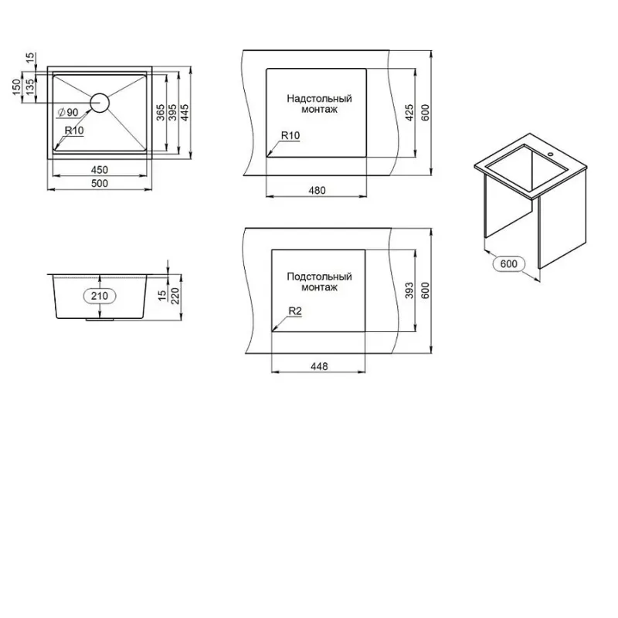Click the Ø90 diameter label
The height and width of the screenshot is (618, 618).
click(x=68, y=112)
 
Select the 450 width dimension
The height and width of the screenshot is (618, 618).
click(x=100, y=170)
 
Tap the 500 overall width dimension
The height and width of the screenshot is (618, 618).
click(x=100, y=183)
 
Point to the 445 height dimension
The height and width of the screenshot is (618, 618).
click(x=185, y=112)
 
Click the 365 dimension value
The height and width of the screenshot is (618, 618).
click(x=161, y=112)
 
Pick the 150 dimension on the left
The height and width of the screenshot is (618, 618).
click(x=16, y=87)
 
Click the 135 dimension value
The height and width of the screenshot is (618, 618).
click(x=29, y=87)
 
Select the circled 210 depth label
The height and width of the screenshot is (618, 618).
click(x=100, y=296)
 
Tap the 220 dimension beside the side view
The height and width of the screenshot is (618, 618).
click(x=175, y=295)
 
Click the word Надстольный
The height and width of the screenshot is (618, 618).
click(x=319, y=99)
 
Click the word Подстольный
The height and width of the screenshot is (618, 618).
click(x=319, y=277)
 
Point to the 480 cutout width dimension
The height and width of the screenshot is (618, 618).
click(x=317, y=191)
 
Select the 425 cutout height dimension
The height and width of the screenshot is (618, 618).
click(x=409, y=113)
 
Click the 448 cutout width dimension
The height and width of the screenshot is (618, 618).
click(x=319, y=367)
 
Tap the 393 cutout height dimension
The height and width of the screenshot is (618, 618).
click(x=409, y=290)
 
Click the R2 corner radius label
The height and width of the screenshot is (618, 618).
click(x=295, y=311)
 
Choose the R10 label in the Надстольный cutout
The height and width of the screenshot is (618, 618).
click(x=290, y=136)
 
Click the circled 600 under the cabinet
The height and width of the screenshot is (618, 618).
click(x=509, y=263)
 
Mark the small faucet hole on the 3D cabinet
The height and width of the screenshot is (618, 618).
click(x=550, y=154)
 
